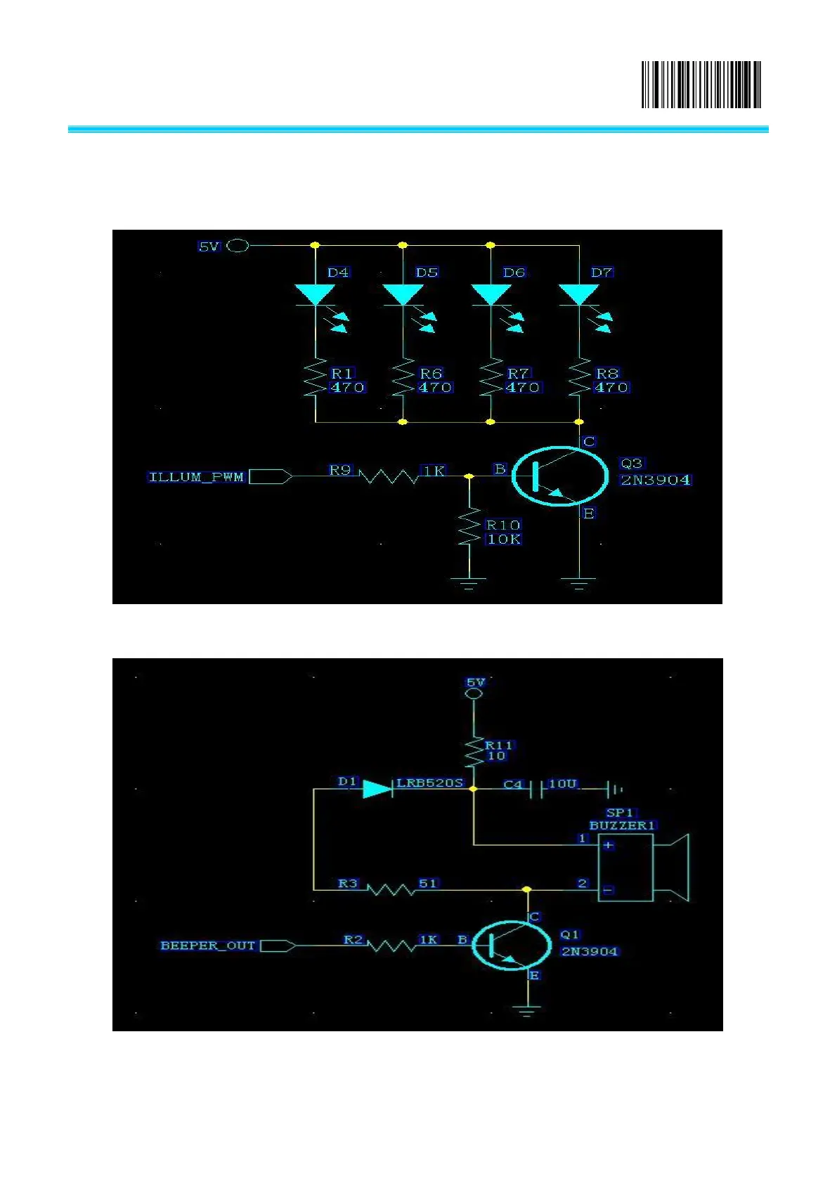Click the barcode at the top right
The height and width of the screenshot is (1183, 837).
pyautogui.click(x=701, y=85)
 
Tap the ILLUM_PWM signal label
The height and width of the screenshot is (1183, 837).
pyautogui.click(x=196, y=477)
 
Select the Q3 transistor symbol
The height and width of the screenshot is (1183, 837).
pyautogui.click(x=559, y=476)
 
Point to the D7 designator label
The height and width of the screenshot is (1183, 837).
pyautogui.click(x=602, y=273)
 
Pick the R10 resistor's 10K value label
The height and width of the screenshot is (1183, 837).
pyautogui.click(x=504, y=540)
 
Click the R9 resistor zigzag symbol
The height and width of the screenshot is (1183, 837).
pyautogui.click(x=389, y=476)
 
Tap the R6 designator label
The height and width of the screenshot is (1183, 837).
pyautogui.click(x=431, y=374)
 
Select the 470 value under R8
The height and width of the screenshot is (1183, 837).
pyautogui.click(x=611, y=388)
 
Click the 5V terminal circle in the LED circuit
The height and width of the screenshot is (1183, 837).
pyautogui.click(x=238, y=246)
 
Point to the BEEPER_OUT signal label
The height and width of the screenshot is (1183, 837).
pyautogui.click(x=207, y=946)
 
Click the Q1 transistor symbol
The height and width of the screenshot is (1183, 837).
pyautogui.click(x=510, y=946)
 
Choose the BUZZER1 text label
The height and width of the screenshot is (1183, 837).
pyautogui.click(x=622, y=825)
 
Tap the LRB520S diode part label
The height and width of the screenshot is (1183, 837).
pyautogui.click(x=430, y=783)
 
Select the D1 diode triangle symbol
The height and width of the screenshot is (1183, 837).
pyautogui.click(x=377, y=789)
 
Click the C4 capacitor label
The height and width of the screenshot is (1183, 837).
pyautogui.click(x=513, y=784)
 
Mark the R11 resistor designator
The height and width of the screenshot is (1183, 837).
pyautogui.click(x=499, y=745)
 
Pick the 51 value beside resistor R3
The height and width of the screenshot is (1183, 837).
pyautogui.click(x=428, y=883)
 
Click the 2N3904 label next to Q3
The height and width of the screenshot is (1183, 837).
pyautogui.click(x=655, y=481)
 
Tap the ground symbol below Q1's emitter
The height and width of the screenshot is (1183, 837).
pyautogui.click(x=527, y=1011)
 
